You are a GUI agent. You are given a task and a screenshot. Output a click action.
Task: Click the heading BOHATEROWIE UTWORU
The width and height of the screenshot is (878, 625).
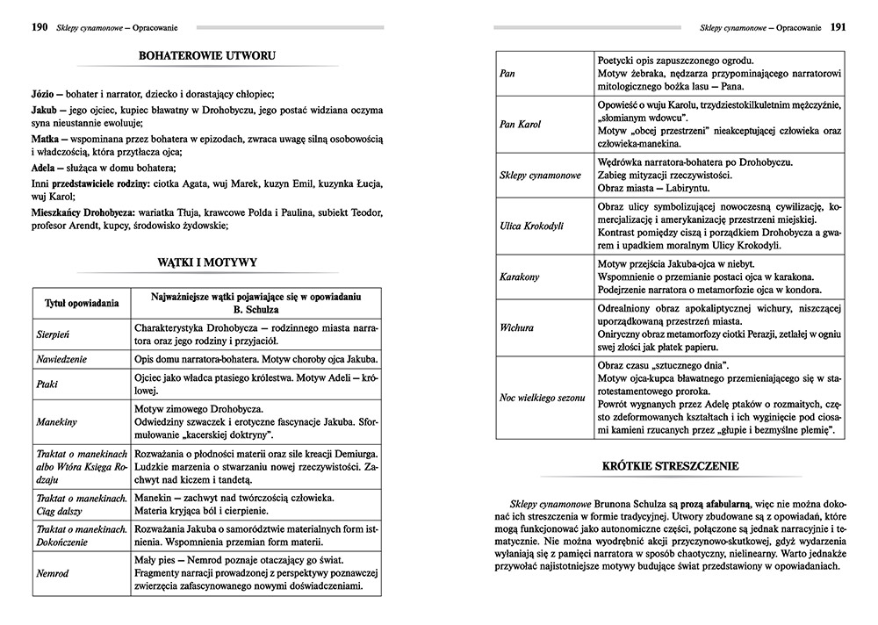pos(207,57)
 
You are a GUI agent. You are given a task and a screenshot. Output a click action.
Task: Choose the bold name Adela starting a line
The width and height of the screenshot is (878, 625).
pos(45,169)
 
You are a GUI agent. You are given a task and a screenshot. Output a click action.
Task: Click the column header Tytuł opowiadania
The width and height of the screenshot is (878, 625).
pos(82,304)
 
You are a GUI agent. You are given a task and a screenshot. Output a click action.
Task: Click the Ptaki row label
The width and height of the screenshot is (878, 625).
pos(49,385)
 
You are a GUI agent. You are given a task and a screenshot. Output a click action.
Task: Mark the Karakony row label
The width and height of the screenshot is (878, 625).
pos(519,277)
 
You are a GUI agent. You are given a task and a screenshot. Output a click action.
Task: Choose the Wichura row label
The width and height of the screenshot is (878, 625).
pos(516,327)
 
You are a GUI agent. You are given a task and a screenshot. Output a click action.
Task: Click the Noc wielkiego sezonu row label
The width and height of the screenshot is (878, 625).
pos(542,398)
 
